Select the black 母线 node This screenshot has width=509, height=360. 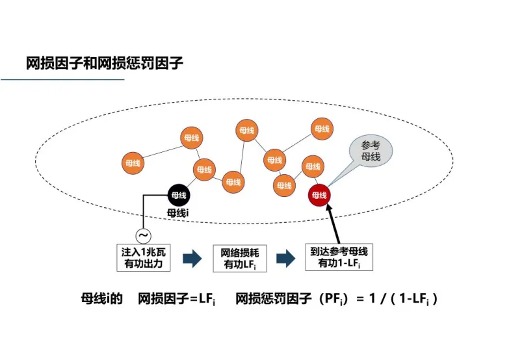pyautogui.click(x=177, y=194)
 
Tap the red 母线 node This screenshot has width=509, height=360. pyautogui.click(x=319, y=194)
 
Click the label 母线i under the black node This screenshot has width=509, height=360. pyautogui.click(x=177, y=212)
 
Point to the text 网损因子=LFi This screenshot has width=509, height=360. pyautogui.click(x=177, y=299)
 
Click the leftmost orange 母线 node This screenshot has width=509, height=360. pyautogui.click(x=133, y=162)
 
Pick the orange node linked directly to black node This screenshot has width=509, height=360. pyautogui.click(x=203, y=170)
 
